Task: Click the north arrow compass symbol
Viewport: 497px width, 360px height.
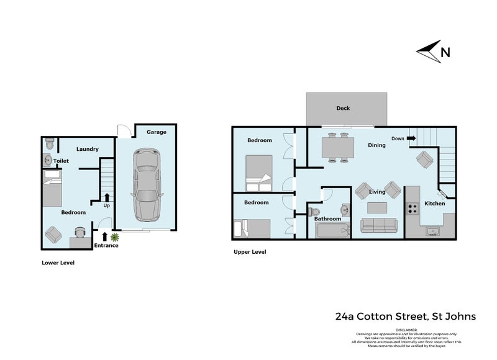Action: (428, 52)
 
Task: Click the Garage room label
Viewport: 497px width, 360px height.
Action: (156, 132)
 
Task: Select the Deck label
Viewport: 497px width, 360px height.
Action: (343, 108)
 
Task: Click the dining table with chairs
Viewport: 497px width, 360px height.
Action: (337, 149)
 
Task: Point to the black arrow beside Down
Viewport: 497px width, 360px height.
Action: (411, 138)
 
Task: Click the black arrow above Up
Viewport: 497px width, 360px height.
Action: (107, 197)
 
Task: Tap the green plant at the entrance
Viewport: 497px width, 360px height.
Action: (114, 236)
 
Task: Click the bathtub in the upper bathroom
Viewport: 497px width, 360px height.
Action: (333, 232)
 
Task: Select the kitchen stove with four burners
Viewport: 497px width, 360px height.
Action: (412, 209)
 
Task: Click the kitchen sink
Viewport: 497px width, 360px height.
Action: (432, 232)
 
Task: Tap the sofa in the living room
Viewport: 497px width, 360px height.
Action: (378, 225)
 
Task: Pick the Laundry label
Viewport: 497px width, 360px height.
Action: (88, 149)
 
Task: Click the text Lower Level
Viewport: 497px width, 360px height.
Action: (58, 263)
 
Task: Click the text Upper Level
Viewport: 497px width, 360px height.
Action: (250, 252)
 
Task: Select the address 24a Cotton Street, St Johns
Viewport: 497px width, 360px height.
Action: (406, 317)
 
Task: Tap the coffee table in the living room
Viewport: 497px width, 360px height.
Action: (377, 207)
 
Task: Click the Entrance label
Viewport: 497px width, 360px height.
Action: (106, 246)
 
